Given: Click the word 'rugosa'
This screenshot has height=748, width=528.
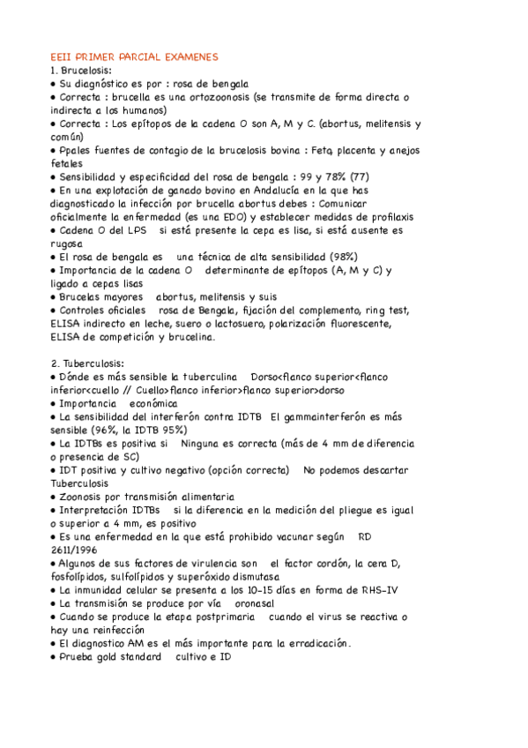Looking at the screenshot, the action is coord(69,243).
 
